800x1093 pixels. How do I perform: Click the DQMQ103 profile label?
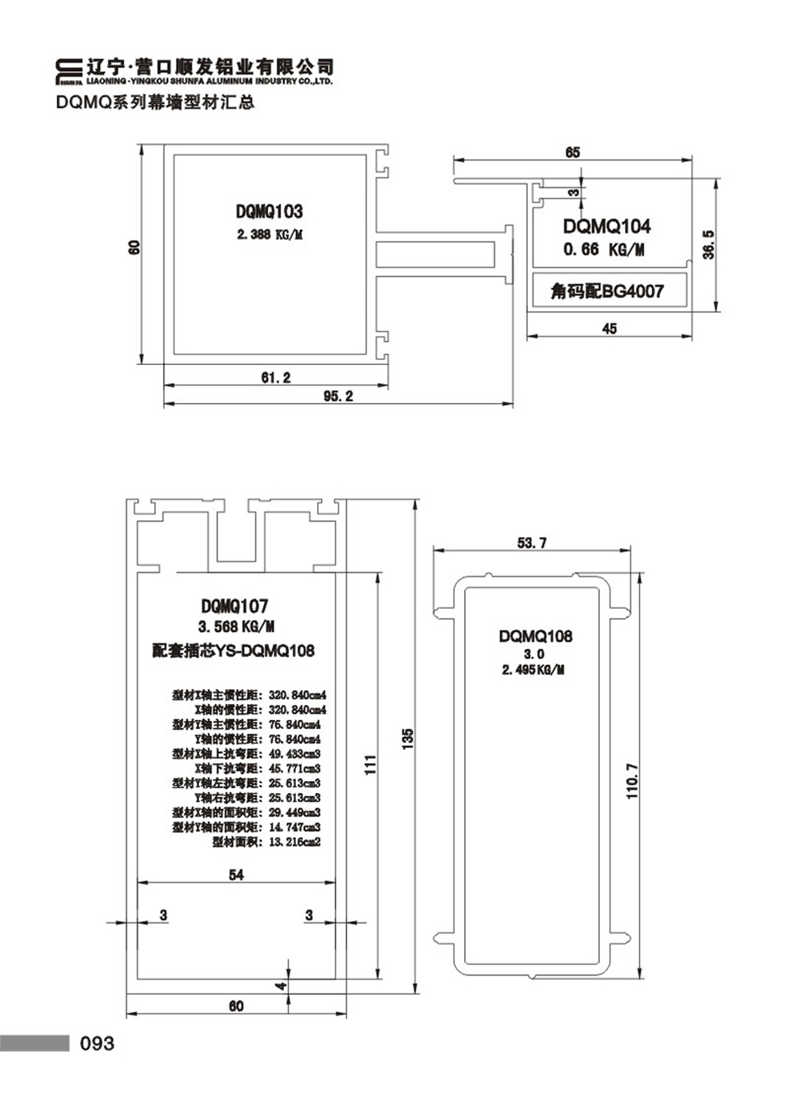pyautogui.click(x=269, y=211)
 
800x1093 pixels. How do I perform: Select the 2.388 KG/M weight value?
pyautogui.click(x=270, y=234)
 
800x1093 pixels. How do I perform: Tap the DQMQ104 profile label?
pyautogui.click(x=606, y=226)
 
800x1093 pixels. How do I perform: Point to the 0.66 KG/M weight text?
pyautogui.click(x=603, y=250)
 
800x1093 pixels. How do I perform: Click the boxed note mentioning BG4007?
pyautogui.click(x=607, y=290)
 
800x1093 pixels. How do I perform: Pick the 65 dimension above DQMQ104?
pyautogui.click(x=573, y=152)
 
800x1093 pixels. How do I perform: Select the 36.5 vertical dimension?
pyautogui.click(x=708, y=245)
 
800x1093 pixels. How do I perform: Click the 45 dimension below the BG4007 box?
pyautogui.click(x=610, y=328)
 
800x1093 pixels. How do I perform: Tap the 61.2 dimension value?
pyautogui.click(x=276, y=378)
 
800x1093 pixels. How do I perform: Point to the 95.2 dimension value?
pyautogui.click(x=338, y=396)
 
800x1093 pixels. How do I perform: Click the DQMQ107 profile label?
pyautogui.click(x=234, y=607)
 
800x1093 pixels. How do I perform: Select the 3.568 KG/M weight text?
pyautogui.click(x=236, y=627)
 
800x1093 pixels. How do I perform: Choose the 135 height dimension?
pyautogui.click(x=407, y=739)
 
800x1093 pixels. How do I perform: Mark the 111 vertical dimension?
pyautogui.click(x=370, y=765)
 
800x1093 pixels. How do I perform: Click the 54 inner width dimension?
pyautogui.click(x=236, y=875)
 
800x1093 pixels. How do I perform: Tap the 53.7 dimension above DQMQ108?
pyautogui.click(x=532, y=543)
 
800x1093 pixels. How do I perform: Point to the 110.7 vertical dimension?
pyautogui.click(x=631, y=781)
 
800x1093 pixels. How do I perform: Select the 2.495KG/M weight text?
pyautogui.click(x=533, y=670)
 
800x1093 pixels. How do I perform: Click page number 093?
pyautogui.click(x=97, y=1043)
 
